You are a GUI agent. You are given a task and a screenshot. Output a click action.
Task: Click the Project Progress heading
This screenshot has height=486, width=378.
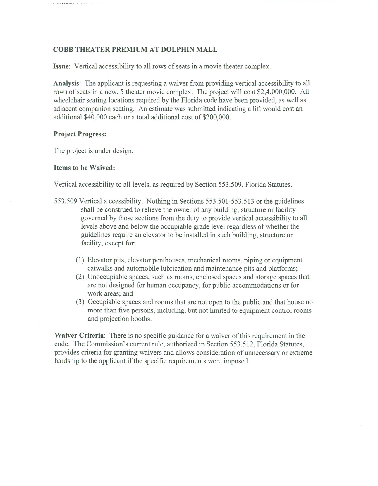pyautogui.click(x=80, y=134)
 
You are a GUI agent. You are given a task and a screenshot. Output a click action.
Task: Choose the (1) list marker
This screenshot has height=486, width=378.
pyautogui.click(x=80, y=260)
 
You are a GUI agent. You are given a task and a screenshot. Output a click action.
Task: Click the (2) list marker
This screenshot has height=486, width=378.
pyautogui.click(x=80, y=277)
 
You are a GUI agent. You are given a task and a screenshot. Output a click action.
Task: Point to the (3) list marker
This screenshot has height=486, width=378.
pyautogui.click(x=80, y=302)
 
